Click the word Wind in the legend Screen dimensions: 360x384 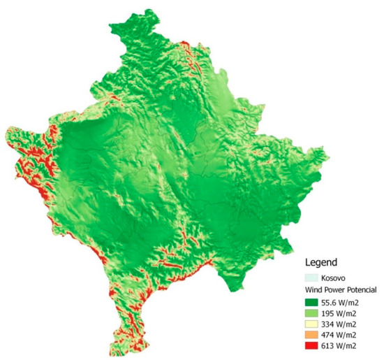[316, 289]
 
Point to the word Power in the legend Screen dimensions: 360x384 [338, 289]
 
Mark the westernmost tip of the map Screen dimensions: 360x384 [4, 132]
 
